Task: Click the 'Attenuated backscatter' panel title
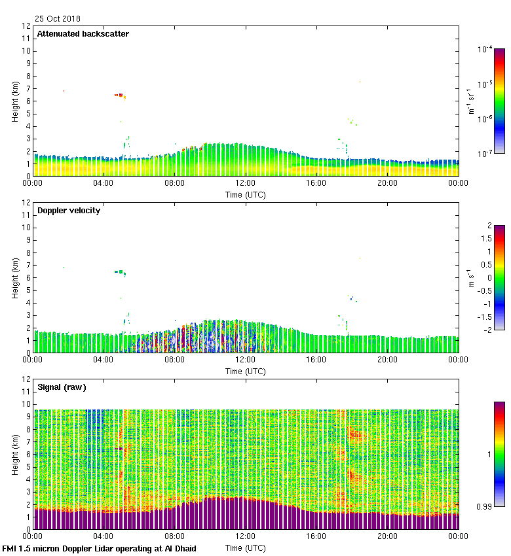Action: pyautogui.click(x=83, y=34)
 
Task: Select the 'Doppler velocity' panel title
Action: pyautogui.click(x=69, y=211)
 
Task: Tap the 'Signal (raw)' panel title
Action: pyautogui.click(x=62, y=387)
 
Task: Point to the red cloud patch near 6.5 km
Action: pyautogui.click(x=119, y=95)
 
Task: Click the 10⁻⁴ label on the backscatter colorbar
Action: pyautogui.click(x=485, y=49)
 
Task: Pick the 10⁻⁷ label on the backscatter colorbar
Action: pyautogui.click(x=485, y=154)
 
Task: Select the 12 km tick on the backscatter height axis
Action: pyautogui.click(x=26, y=26)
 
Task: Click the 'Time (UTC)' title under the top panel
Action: pyautogui.click(x=246, y=194)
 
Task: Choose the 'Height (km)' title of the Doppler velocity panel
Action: pyautogui.click(x=15, y=278)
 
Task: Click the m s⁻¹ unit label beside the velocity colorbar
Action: pyautogui.click(x=471, y=278)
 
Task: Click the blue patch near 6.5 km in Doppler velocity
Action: pyautogui.click(x=119, y=271)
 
